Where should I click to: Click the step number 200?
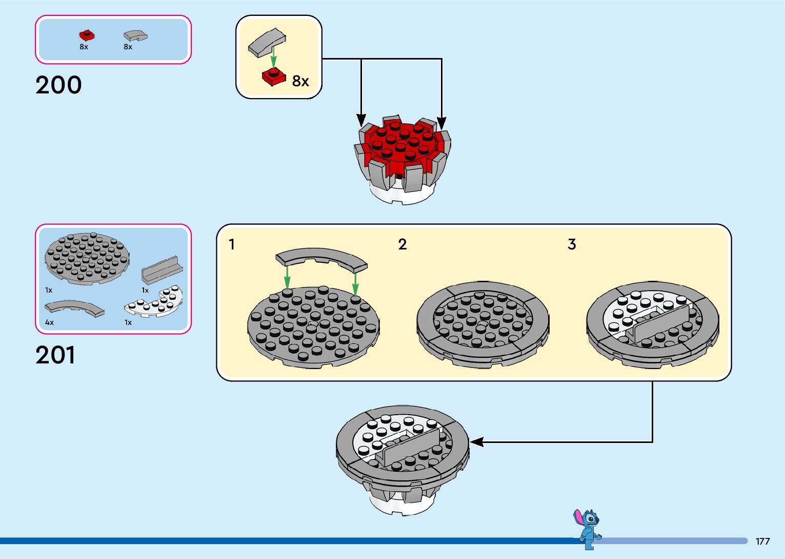[58, 85]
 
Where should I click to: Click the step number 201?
[55, 355]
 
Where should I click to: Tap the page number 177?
[762, 541]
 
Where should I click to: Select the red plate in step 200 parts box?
[87, 35]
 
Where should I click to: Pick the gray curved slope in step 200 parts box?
[135, 36]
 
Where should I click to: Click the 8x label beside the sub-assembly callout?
[300, 81]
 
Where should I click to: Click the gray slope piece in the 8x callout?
[267, 43]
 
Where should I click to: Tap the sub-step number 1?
[232, 244]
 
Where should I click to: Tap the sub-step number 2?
[402, 244]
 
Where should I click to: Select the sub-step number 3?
[572, 244]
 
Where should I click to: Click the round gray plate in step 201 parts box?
[87, 258]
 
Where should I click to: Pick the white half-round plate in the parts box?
[154, 304]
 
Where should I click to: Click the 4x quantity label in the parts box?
[49, 322]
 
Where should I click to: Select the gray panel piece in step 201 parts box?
[162, 269]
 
